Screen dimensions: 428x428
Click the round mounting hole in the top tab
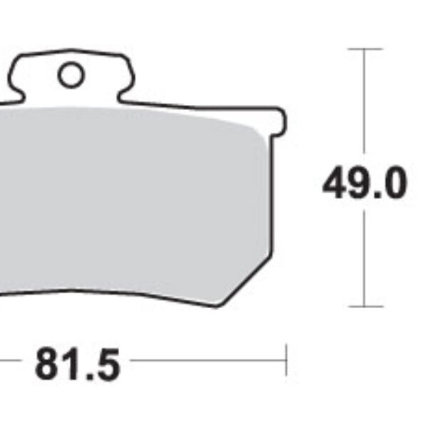[71, 76]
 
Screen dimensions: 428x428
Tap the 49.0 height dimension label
[365, 184]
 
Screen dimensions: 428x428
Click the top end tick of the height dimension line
[365, 49]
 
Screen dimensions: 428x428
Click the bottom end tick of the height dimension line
[365, 307]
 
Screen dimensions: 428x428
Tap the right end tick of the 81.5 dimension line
[286, 360]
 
